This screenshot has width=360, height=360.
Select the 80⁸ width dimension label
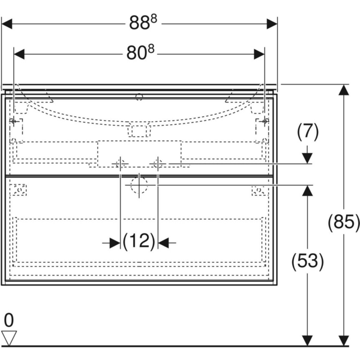[139, 53]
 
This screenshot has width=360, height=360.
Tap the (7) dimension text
[307, 130]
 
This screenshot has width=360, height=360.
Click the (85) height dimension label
[343, 223]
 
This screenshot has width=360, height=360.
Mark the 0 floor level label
[8, 318]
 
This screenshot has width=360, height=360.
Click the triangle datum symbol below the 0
[8, 337]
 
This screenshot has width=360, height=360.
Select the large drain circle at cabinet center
[139, 186]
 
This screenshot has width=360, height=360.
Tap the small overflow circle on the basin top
[139, 96]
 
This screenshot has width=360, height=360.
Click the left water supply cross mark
[121, 163]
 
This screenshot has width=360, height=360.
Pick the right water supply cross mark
[158, 163]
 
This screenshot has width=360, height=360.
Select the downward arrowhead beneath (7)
[307, 158]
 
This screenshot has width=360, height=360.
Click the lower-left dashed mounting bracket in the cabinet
[20, 190]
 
